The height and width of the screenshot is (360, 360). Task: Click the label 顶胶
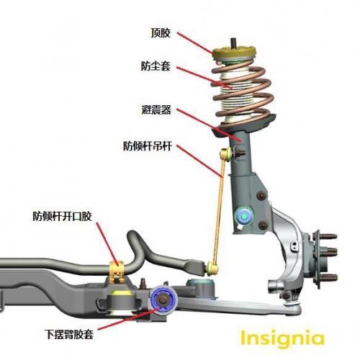point(161,33)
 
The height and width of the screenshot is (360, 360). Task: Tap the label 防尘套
point(156,66)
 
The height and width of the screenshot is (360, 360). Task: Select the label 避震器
point(156,110)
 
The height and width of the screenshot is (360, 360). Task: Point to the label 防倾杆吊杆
point(148,146)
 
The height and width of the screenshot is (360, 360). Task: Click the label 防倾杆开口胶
point(63,216)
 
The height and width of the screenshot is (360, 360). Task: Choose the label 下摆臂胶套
point(69,334)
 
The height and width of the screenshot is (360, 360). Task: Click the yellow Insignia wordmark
point(282,338)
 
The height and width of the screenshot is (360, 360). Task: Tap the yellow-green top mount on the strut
point(234,53)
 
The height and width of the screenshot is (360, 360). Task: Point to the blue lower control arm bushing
point(163,300)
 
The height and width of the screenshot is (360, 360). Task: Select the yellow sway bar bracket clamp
point(117,272)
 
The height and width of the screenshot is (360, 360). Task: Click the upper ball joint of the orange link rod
point(226,153)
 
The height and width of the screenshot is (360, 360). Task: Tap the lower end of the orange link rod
point(212,269)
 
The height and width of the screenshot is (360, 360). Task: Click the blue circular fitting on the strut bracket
point(244,216)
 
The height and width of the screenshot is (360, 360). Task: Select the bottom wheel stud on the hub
point(329,278)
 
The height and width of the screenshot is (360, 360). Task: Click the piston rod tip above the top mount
point(233,42)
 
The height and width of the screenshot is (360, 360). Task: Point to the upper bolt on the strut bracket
point(261,196)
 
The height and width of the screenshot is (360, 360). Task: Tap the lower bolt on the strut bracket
point(264,225)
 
